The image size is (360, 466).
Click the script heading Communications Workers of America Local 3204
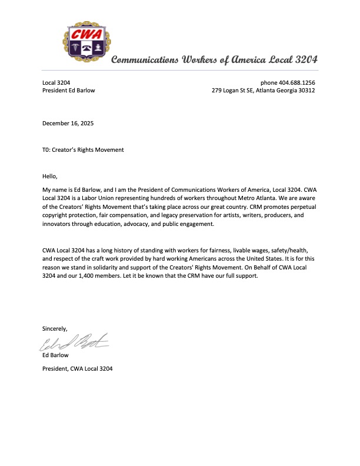tap(214, 60)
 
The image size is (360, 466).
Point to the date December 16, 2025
tap(68, 124)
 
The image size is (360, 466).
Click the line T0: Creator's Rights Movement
tap(83, 150)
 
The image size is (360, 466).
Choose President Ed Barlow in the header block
tap(68, 91)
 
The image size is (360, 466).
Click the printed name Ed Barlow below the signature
tap(56, 355)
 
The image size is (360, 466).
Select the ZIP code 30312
tap(306, 91)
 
